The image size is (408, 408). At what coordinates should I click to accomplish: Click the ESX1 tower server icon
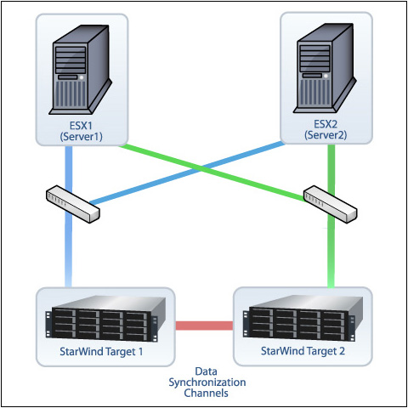click(81, 70)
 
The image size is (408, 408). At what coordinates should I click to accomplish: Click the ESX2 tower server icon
click(325, 68)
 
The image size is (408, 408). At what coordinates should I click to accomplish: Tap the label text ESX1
click(81, 126)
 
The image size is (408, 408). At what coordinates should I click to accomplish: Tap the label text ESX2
click(326, 124)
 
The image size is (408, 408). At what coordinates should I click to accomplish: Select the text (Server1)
click(81, 137)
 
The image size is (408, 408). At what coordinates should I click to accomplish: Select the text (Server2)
click(326, 135)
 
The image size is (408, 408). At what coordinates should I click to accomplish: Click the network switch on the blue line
click(73, 204)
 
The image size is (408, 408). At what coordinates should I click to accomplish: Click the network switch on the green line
click(330, 204)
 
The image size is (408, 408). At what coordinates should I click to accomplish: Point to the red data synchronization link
click(204, 326)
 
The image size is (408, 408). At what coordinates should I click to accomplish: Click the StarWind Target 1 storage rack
click(105, 318)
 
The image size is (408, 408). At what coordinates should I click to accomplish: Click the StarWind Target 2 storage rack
click(303, 317)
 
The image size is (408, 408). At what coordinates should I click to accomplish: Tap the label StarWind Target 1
click(101, 352)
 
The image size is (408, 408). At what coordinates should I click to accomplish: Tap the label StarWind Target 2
click(303, 351)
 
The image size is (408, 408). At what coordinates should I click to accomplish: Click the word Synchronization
click(207, 382)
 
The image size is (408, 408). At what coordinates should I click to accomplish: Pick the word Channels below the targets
click(206, 393)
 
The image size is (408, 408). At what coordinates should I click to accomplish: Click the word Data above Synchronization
click(206, 371)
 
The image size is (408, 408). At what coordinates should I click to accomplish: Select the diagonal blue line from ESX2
click(187, 173)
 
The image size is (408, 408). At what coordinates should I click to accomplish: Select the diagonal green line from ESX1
click(212, 173)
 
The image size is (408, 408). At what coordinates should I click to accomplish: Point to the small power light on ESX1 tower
click(82, 77)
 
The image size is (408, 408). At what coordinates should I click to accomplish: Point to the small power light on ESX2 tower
click(326, 76)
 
